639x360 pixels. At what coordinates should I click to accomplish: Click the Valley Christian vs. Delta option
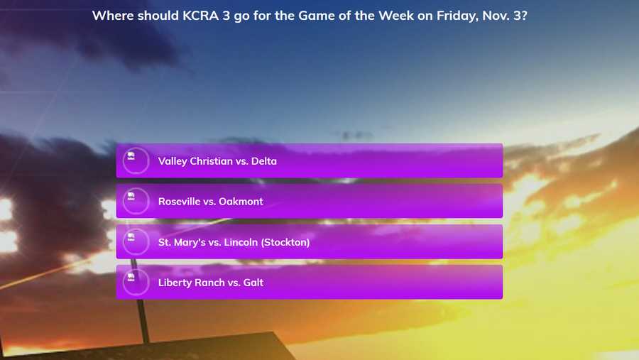310,160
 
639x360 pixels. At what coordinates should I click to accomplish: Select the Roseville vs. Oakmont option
310,201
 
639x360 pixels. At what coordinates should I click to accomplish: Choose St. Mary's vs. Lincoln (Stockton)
310,241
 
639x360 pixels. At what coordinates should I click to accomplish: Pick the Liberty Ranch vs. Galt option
310,282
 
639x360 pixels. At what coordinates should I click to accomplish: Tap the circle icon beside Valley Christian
136,160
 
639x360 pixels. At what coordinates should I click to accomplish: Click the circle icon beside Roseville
136,201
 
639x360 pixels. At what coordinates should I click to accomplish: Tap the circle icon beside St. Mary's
136,241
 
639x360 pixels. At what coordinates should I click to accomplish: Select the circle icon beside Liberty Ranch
136,282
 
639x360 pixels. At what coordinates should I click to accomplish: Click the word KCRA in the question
200,16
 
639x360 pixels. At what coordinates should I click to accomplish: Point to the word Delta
263,161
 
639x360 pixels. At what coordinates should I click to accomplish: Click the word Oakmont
241,202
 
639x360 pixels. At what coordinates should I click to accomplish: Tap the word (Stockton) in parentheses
285,242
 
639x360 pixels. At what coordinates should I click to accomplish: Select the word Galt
253,283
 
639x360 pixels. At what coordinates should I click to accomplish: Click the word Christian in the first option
211,161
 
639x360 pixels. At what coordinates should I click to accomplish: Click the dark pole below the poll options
143,321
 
